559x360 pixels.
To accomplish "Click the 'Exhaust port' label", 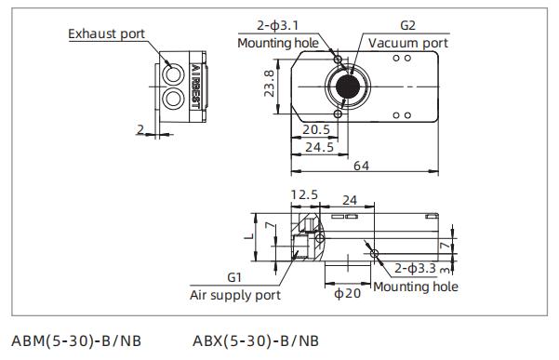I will pos(107,34).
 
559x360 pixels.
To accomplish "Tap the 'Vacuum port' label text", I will pos(407,43).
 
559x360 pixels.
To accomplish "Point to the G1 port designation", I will pos(234,277).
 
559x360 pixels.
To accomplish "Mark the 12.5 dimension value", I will pos(304,195).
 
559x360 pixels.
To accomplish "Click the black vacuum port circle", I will pos(350,85).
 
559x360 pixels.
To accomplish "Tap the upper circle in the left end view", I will pos(173,73).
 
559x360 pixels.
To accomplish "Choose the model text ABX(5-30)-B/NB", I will pos(257,340).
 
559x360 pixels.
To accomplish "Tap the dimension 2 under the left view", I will pos(140,128).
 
